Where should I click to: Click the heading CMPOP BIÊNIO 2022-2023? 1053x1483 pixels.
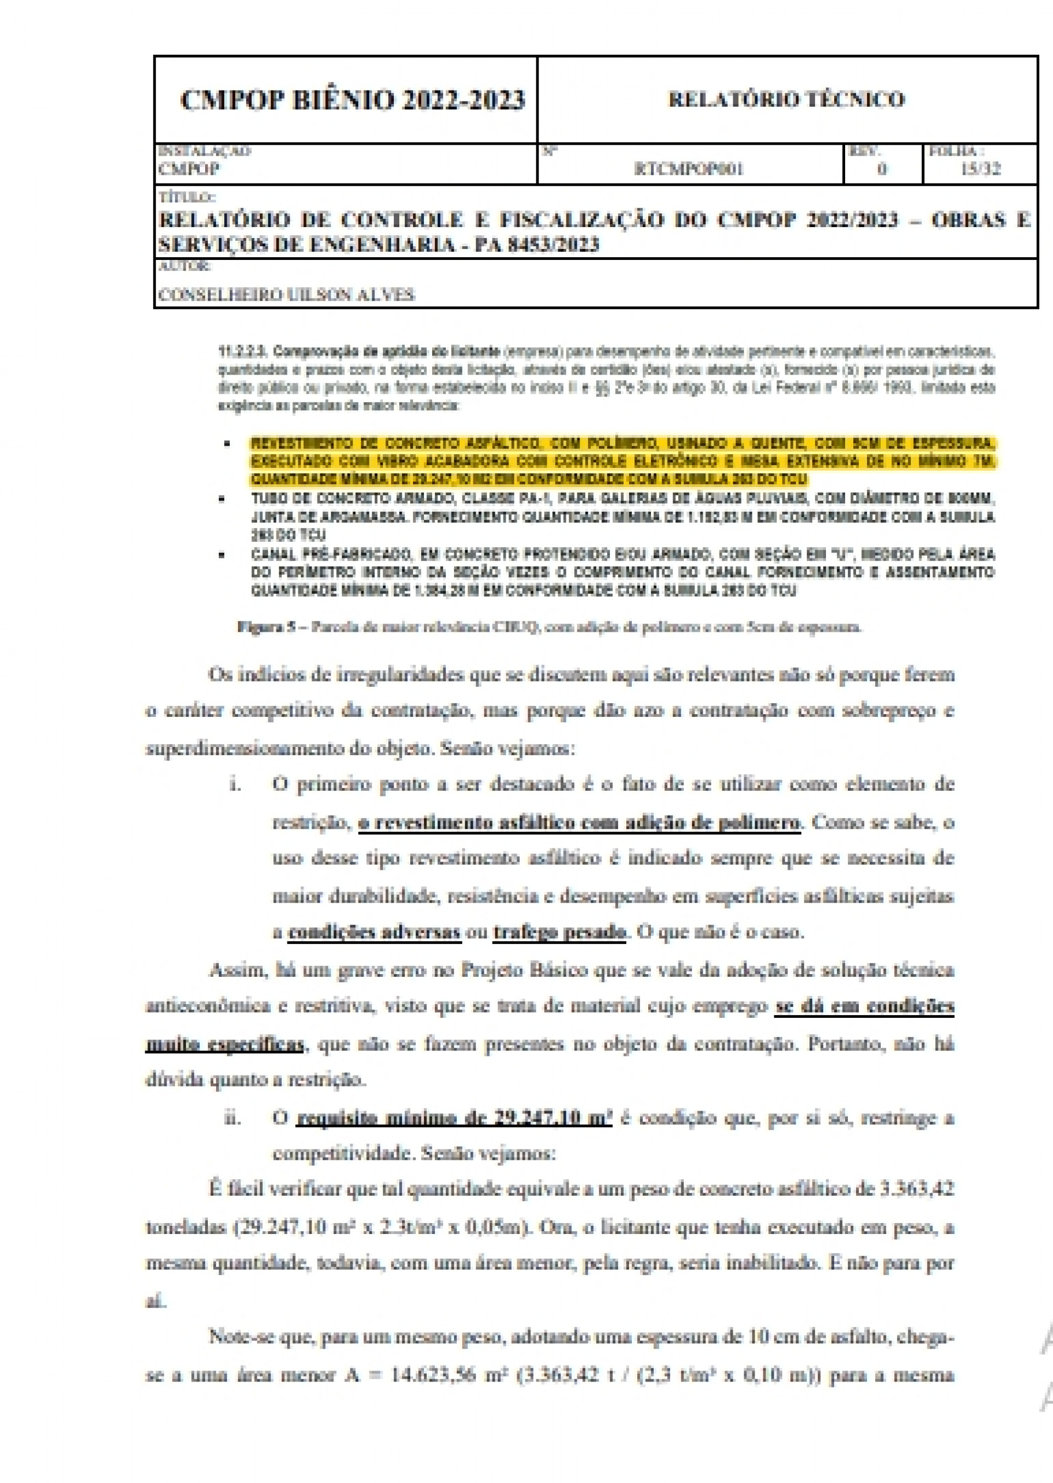(352, 100)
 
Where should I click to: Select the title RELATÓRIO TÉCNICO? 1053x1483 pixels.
(786, 99)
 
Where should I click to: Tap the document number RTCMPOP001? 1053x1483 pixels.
(689, 169)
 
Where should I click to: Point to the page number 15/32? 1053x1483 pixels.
(982, 169)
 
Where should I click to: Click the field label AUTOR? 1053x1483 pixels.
(185, 266)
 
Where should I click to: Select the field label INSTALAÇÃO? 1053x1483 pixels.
(204, 151)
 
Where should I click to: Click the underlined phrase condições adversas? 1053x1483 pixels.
(374, 932)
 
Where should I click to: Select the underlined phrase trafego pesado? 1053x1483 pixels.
(559, 932)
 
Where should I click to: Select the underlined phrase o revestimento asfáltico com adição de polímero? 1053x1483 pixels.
(579, 822)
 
